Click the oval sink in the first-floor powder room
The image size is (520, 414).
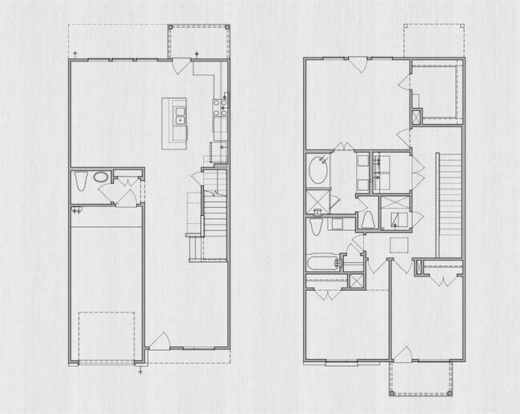tap(102, 177)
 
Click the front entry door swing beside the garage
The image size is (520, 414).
tap(158, 341)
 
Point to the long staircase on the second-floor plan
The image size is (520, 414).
tap(450, 200)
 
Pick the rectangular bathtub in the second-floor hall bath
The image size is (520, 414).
tap(323, 261)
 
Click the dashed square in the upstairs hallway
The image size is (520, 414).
tap(398, 245)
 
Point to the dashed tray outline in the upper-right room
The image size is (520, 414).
tap(436, 90)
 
